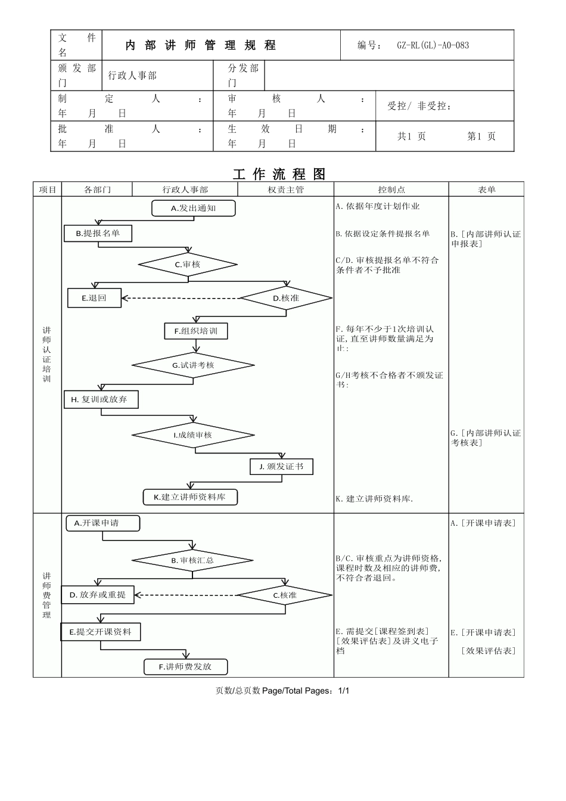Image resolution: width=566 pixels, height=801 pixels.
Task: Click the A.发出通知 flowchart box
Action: point(194,208)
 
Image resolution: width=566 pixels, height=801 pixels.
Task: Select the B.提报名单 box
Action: point(98,234)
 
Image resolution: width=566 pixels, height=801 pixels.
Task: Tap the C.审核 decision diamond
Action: point(188,265)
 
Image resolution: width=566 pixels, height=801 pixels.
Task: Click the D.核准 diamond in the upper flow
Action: point(286,297)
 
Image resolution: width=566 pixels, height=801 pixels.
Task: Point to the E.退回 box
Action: point(94,298)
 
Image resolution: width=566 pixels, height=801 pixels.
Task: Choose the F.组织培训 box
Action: point(196,331)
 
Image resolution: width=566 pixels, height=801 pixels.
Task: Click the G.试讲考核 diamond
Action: point(193,365)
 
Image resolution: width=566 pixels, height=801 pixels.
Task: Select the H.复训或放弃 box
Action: point(101,399)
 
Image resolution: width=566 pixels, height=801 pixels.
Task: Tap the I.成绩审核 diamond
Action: point(193,435)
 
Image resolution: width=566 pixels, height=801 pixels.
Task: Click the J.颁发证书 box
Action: point(281,467)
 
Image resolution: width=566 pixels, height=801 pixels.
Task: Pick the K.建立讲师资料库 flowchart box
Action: point(190,497)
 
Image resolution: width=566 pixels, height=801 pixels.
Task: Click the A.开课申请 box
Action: point(102,523)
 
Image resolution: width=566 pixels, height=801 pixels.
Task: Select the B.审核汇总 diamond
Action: point(192,560)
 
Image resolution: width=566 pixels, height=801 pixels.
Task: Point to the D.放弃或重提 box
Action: point(98,595)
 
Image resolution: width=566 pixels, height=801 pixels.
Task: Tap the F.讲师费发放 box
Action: point(186,667)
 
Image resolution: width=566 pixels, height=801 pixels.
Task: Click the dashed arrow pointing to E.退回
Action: point(179,298)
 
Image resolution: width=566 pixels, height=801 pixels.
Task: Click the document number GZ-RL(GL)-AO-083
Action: point(433,45)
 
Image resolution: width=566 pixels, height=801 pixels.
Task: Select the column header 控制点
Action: point(391,190)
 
